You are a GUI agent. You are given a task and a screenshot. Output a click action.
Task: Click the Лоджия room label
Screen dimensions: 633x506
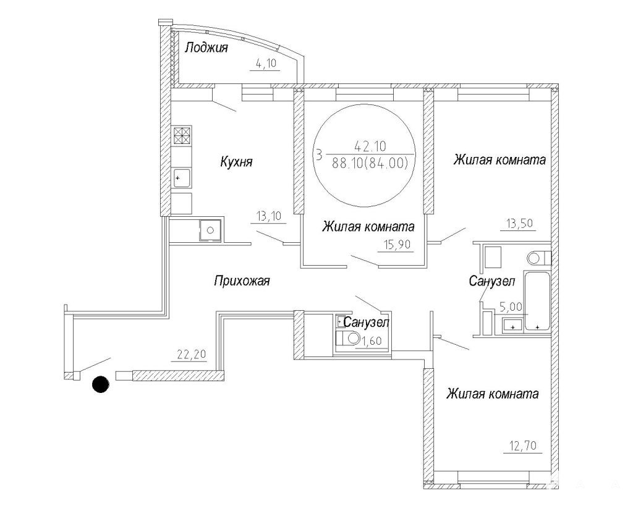click(x=206, y=48)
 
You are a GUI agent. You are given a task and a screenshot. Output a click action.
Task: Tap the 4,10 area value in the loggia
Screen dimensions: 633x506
click(x=265, y=64)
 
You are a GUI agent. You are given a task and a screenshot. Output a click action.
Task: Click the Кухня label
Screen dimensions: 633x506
click(x=236, y=162)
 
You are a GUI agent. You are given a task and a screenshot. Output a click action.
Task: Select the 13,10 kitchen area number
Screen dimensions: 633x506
click(x=268, y=216)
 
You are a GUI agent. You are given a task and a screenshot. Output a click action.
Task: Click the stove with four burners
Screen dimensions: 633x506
click(x=182, y=135)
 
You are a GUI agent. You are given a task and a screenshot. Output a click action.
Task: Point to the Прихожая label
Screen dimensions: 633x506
click(x=242, y=280)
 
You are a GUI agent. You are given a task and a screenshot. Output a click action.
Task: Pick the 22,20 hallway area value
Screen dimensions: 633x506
click(x=192, y=354)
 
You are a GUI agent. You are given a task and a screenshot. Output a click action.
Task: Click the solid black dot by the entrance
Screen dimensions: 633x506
click(x=101, y=384)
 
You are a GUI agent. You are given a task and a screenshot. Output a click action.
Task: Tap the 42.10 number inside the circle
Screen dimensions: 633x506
click(x=370, y=146)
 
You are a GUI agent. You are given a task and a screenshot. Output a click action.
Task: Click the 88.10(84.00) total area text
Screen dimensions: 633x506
click(x=370, y=162)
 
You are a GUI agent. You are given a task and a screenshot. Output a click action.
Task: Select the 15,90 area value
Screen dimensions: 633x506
click(x=396, y=244)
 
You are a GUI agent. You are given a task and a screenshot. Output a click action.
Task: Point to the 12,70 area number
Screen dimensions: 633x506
click(x=522, y=446)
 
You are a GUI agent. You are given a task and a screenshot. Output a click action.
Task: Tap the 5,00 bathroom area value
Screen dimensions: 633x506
click(x=511, y=306)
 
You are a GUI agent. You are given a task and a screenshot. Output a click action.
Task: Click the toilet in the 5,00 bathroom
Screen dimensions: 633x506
click(x=539, y=258)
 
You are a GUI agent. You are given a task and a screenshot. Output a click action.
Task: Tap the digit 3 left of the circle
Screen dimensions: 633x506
click(x=320, y=155)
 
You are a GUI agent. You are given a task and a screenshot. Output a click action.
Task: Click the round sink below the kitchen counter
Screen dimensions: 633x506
click(x=210, y=230)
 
